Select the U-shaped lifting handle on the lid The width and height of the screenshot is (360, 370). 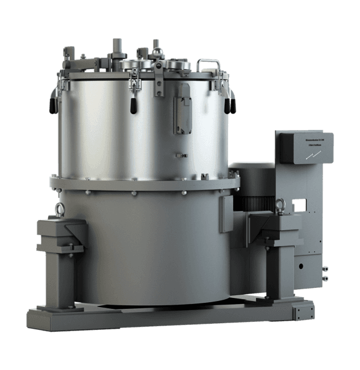(x=208, y=64)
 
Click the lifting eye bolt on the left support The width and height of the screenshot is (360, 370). (x=60, y=210)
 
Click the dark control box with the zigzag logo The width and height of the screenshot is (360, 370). (x=304, y=148)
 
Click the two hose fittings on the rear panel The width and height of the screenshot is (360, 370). (x=324, y=272)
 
